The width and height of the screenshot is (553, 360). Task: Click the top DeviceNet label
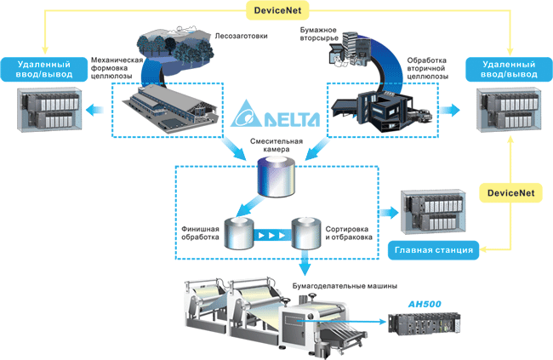[278, 12]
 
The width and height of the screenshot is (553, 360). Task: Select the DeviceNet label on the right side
[510, 194]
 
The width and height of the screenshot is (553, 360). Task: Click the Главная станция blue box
[431, 249]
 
